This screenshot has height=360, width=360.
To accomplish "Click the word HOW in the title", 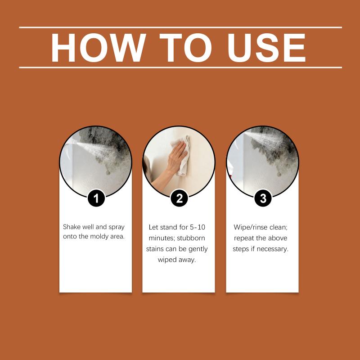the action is click(x=98, y=48).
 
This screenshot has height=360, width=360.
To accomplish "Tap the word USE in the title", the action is click(x=266, y=48).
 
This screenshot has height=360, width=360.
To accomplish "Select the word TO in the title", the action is click(x=186, y=48).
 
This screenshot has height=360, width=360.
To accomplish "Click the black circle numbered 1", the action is click(x=96, y=198).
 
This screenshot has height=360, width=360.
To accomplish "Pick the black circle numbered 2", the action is click(x=179, y=198).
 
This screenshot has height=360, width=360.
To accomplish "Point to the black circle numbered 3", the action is click(x=263, y=198).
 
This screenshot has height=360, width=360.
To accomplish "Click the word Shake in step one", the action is click(x=72, y=227).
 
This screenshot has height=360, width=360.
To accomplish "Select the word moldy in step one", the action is click(x=99, y=237).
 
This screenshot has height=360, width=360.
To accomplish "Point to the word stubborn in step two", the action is click(x=191, y=238).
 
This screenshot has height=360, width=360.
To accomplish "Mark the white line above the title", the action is click(x=180, y=27).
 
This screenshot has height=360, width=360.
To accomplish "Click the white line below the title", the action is click(x=180, y=67).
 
